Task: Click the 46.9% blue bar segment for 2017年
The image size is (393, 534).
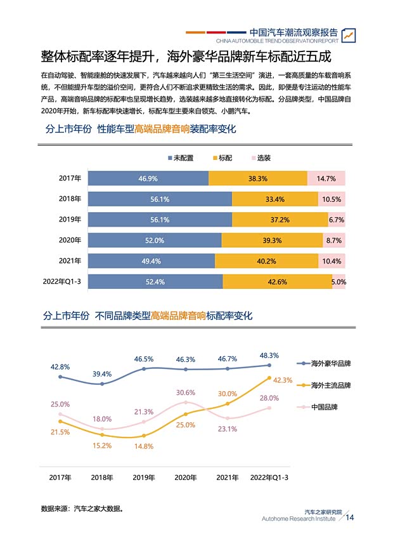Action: click(x=148, y=179)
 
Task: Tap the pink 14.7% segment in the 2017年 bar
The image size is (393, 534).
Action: click(x=326, y=179)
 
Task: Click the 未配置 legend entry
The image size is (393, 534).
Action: click(x=181, y=157)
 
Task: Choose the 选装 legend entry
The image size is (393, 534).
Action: click(x=261, y=157)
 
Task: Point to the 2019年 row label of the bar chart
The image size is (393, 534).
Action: click(x=70, y=220)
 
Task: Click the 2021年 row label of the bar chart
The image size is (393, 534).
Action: click(x=70, y=261)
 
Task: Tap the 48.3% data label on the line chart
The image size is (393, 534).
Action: click(x=269, y=355)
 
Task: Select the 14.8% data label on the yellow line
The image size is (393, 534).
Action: click(x=144, y=446)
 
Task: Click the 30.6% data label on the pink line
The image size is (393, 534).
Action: click(x=185, y=392)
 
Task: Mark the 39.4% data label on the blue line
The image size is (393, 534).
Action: click(x=102, y=374)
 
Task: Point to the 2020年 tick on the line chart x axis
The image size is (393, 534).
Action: click(x=185, y=477)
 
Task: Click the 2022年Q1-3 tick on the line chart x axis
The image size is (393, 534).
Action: click(x=269, y=477)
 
